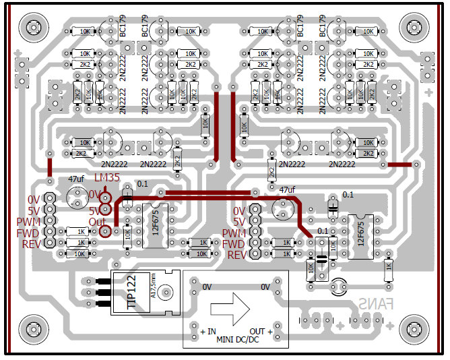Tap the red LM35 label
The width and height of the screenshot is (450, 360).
point(108,178)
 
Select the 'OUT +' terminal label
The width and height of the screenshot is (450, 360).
point(262,332)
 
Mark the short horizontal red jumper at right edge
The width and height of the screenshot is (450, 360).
point(400,164)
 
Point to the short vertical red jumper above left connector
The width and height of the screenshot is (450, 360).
point(50,167)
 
